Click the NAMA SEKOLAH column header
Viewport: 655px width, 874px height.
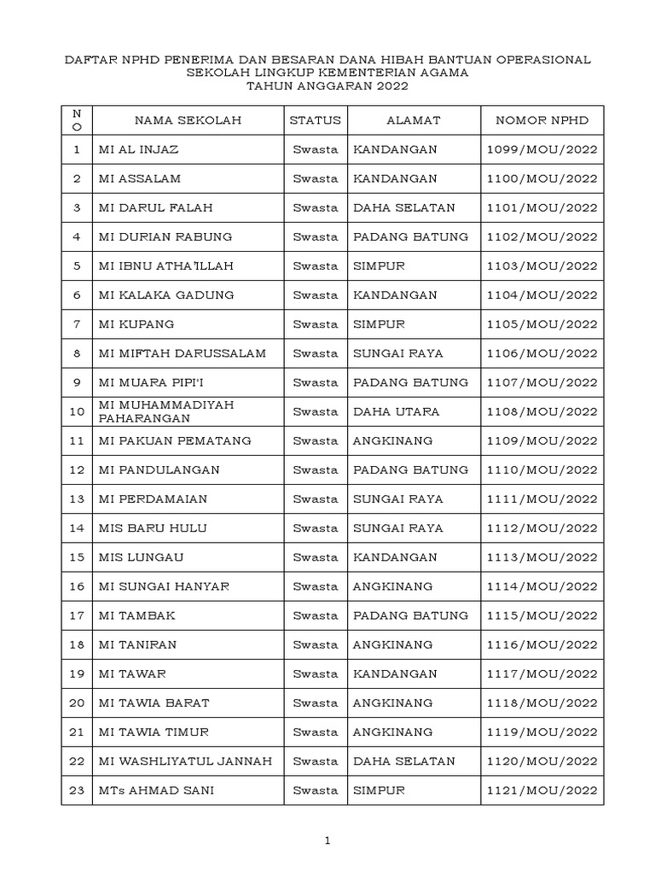click(x=188, y=120)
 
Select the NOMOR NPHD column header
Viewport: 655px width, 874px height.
click(x=542, y=120)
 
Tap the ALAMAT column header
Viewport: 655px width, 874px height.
click(x=413, y=120)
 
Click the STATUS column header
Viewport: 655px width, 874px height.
click(x=315, y=120)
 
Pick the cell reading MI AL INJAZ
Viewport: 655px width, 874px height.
click(x=138, y=149)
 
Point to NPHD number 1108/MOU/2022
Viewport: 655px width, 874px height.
click(x=542, y=411)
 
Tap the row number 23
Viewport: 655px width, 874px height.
click(x=77, y=790)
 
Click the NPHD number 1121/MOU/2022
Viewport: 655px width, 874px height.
click(x=542, y=790)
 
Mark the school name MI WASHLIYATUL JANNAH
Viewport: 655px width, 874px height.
click(x=185, y=761)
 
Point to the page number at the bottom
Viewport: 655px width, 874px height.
click(x=327, y=842)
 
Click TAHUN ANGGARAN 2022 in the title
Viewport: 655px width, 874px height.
click(x=327, y=86)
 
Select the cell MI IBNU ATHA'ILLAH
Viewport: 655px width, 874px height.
click(x=165, y=266)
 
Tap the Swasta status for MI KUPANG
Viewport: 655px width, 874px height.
click(x=315, y=324)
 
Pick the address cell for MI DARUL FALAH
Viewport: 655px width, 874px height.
click(x=404, y=207)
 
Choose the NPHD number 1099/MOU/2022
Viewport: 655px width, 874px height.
click(x=542, y=149)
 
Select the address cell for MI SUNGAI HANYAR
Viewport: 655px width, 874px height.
click(x=393, y=586)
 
